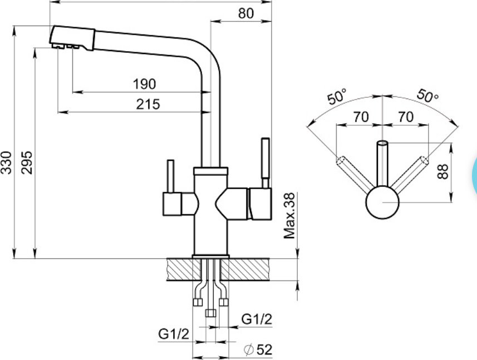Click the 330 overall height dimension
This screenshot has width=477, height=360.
6,162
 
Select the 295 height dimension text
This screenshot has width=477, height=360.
27,162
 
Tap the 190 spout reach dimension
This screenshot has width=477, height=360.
145,84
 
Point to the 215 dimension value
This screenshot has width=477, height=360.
148,104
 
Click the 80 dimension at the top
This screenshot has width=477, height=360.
246,14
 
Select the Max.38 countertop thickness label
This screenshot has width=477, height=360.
289,215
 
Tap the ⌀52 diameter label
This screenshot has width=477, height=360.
258,349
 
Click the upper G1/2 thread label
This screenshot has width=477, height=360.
257,319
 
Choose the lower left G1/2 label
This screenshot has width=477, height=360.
174,334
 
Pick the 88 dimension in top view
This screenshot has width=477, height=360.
442,171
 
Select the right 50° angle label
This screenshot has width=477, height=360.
427,96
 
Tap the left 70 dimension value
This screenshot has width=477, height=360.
361,117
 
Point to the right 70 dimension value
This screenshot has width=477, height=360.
406,117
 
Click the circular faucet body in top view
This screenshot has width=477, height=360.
382,202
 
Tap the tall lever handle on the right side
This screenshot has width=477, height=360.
265,162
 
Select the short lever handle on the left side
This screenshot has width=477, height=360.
171,176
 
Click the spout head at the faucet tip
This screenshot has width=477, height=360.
72,38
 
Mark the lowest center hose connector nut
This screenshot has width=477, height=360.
210,313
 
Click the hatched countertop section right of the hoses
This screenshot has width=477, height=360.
245,269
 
